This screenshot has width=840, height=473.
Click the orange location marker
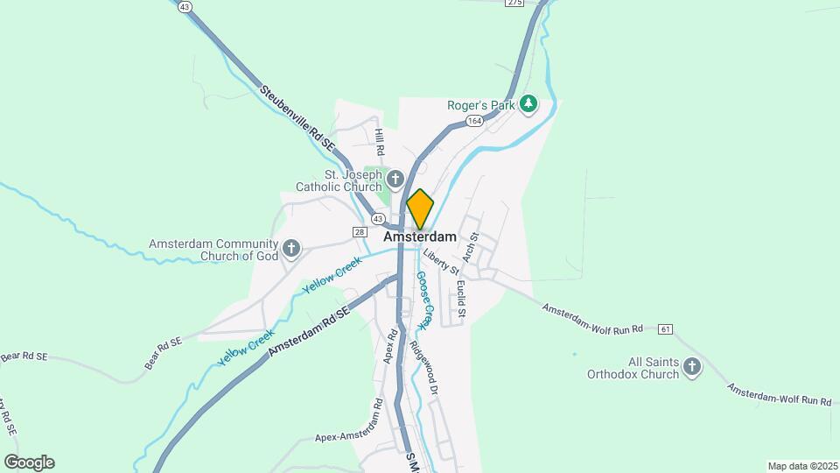(420, 209)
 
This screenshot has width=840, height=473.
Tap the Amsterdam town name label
(420, 236)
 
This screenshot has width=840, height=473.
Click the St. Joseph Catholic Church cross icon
(394, 180)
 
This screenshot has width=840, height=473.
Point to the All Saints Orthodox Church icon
(692, 367)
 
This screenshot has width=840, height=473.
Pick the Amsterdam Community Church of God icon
(291, 250)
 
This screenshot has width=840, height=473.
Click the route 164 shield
(474, 121)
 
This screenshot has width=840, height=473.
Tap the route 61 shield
(667, 329)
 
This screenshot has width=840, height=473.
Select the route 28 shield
(360, 231)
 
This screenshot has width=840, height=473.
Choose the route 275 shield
(514, 4)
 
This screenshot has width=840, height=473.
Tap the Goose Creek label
(424, 300)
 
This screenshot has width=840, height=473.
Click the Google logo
(29, 462)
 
